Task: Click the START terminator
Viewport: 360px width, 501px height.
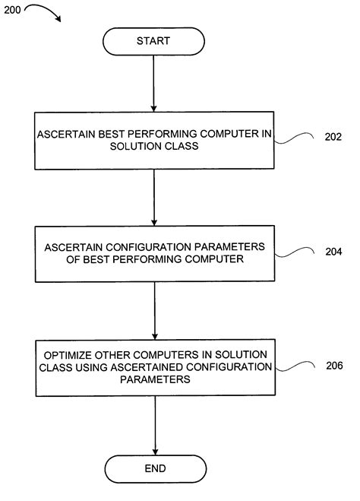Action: (x=153, y=40)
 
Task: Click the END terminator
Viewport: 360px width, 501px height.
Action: (x=154, y=468)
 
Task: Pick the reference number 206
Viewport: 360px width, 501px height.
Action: (x=334, y=366)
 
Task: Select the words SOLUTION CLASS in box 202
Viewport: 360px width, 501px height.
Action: (x=153, y=147)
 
